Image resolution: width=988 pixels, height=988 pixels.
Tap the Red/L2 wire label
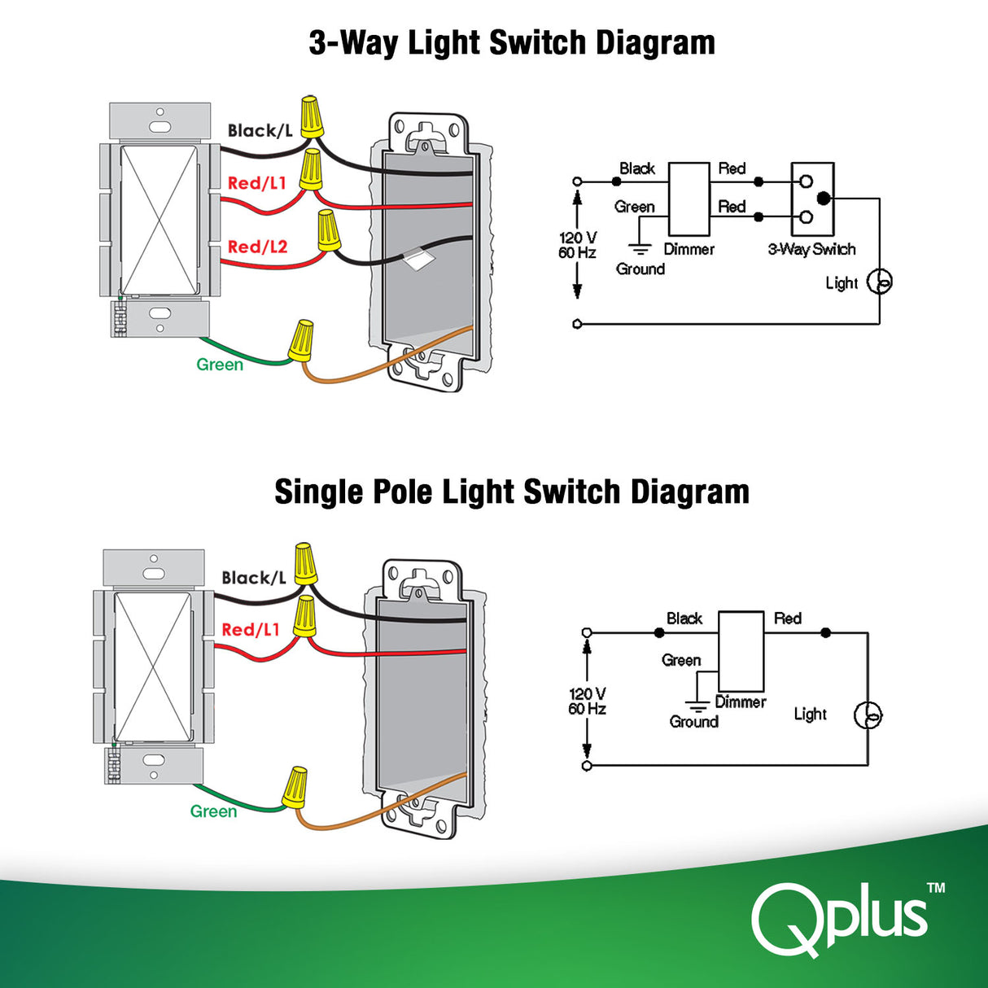(x=257, y=247)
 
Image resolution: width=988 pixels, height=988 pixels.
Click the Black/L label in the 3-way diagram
(x=260, y=131)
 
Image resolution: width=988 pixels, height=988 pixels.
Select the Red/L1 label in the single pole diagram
(x=251, y=630)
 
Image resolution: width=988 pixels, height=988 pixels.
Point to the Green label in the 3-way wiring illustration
(x=220, y=365)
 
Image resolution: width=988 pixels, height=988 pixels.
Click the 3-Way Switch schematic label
(x=811, y=249)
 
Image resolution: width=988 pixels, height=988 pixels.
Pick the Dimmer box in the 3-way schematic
(x=689, y=199)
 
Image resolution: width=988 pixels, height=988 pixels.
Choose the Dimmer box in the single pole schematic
(x=741, y=651)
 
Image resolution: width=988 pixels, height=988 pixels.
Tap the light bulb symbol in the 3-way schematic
(x=880, y=282)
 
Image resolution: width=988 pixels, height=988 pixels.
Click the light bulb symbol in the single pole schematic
(x=868, y=715)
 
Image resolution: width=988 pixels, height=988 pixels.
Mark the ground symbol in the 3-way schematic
(x=640, y=250)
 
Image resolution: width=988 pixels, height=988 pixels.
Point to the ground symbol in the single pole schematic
(x=697, y=705)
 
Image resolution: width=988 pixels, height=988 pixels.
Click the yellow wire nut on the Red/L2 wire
(x=328, y=230)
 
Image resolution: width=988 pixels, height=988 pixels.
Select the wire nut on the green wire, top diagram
(x=301, y=341)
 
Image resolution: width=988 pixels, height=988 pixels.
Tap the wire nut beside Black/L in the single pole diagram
(x=305, y=562)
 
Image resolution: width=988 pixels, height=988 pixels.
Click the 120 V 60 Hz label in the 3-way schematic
(x=577, y=245)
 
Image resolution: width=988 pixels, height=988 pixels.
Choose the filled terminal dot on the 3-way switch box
(x=824, y=198)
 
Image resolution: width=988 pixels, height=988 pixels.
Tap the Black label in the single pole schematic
(x=684, y=619)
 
